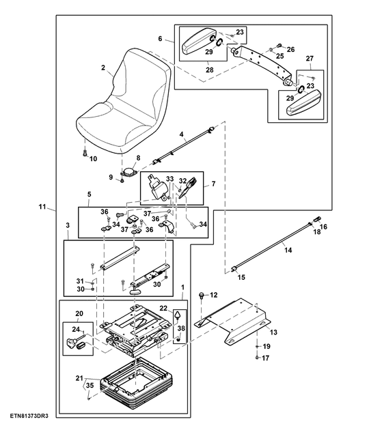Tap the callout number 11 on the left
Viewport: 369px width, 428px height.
pyautogui.click(x=42, y=206)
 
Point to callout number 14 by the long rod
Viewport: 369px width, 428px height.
pyautogui.click(x=288, y=251)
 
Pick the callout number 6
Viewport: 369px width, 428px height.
pyautogui.click(x=160, y=40)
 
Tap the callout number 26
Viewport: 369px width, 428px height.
pyautogui.click(x=290, y=49)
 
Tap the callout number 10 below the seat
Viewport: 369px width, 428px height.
pyautogui.click(x=94, y=159)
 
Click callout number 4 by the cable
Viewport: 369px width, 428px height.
pyautogui.click(x=182, y=135)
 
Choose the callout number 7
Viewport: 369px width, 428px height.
pyautogui.click(x=213, y=184)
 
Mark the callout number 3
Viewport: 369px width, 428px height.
pyautogui.click(x=68, y=224)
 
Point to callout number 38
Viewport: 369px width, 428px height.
pyautogui.click(x=180, y=328)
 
